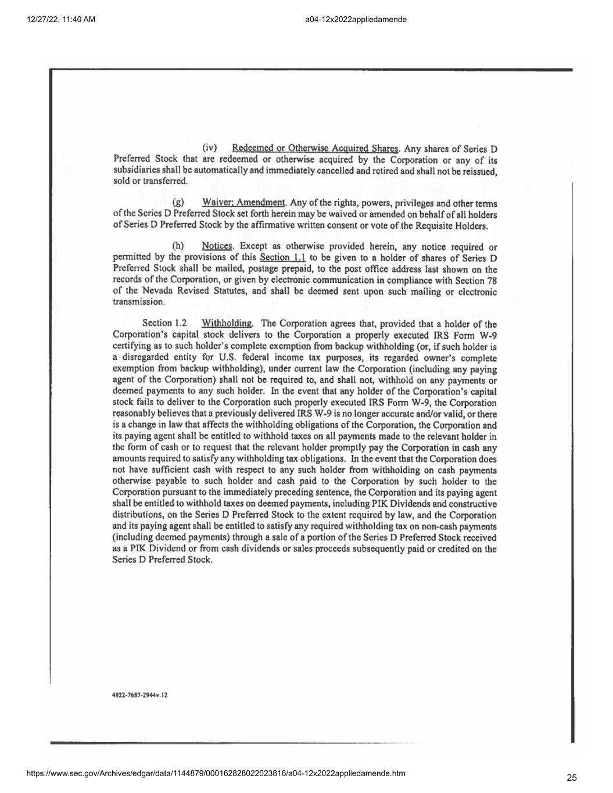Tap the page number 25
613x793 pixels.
[x=572, y=778]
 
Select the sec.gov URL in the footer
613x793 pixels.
[x=216, y=773]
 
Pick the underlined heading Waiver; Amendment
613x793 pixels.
[x=243, y=203]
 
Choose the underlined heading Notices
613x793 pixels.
[x=217, y=246]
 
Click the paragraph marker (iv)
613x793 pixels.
[x=209, y=148]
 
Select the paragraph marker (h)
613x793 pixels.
[x=178, y=246]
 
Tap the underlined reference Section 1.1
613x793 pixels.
[x=283, y=257]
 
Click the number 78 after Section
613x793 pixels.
[x=491, y=280]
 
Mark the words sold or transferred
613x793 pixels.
[x=150, y=181]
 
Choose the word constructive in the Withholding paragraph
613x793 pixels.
[x=472, y=504]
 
